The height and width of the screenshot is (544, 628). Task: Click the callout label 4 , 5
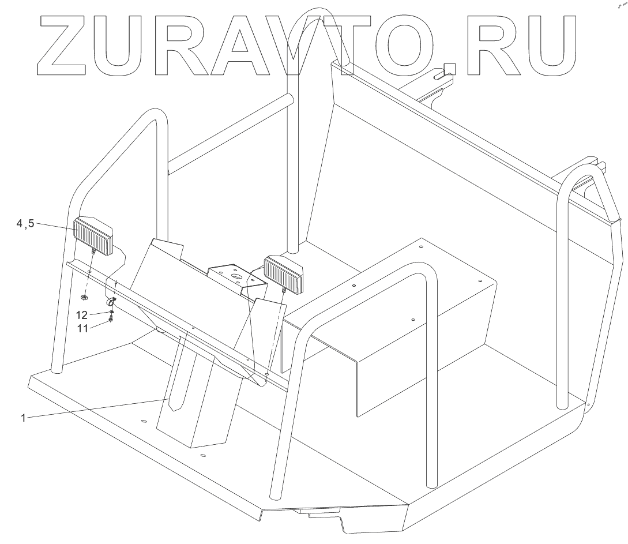pos(25,224)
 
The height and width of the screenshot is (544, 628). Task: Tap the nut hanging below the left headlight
pos(84,297)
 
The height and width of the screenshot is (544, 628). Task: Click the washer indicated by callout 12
pos(111,312)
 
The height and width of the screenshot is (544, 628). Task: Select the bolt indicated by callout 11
pos(111,318)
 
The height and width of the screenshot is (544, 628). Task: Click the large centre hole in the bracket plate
pos(234,277)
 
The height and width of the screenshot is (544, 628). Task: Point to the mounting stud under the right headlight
pos(285,291)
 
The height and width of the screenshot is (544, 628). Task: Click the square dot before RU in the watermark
pos(449,68)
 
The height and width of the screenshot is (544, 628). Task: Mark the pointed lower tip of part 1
pos(176,408)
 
